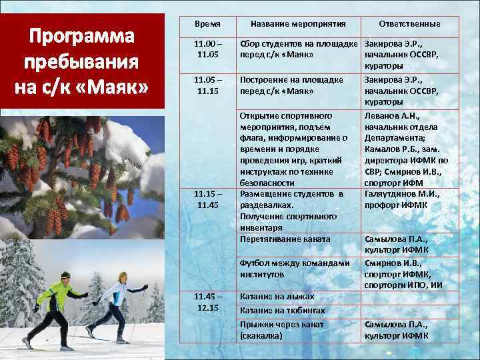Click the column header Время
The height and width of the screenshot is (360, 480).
(x=207, y=24)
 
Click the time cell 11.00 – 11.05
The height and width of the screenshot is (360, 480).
(x=207, y=48)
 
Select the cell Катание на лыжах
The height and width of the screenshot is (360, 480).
(x=277, y=296)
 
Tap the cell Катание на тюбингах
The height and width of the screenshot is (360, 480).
(x=282, y=311)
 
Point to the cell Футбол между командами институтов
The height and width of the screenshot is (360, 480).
(x=294, y=269)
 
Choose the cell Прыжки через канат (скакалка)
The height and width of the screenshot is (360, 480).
(x=281, y=330)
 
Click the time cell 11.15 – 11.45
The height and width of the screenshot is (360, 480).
(x=207, y=199)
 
